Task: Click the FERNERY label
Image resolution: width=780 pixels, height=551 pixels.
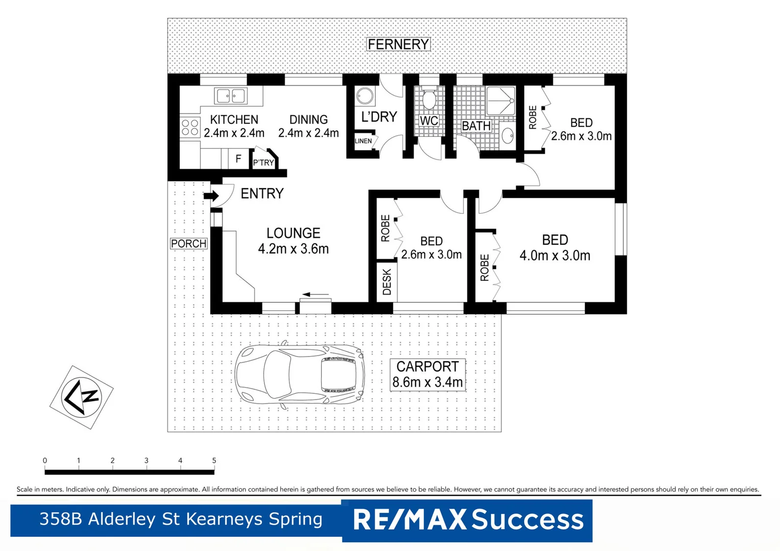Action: (x=398, y=44)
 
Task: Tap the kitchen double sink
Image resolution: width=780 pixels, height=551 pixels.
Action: (x=230, y=95)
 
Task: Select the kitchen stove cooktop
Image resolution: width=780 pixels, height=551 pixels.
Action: (x=190, y=128)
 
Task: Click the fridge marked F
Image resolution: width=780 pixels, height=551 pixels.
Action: (x=238, y=159)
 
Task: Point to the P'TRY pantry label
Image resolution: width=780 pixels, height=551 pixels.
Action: (x=263, y=162)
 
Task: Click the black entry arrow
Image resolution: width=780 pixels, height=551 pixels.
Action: (x=211, y=196)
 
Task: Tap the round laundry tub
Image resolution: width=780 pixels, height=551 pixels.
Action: (x=365, y=96)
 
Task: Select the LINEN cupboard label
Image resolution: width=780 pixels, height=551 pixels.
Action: (x=363, y=141)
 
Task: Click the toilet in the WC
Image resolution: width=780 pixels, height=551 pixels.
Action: (x=429, y=99)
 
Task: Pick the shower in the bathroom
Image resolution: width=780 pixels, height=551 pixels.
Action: (x=500, y=101)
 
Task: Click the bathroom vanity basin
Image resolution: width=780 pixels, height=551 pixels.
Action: (x=507, y=136)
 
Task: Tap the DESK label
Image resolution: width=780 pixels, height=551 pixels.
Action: (x=387, y=282)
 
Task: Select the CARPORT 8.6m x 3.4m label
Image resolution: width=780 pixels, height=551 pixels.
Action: (x=427, y=374)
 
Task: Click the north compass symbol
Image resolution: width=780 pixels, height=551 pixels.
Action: (x=81, y=397)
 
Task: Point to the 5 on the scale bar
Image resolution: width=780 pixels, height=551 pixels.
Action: (x=214, y=461)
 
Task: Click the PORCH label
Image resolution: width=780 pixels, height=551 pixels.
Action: (x=188, y=244)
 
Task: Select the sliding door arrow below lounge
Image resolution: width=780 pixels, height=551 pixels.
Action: (x=315, y=294)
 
